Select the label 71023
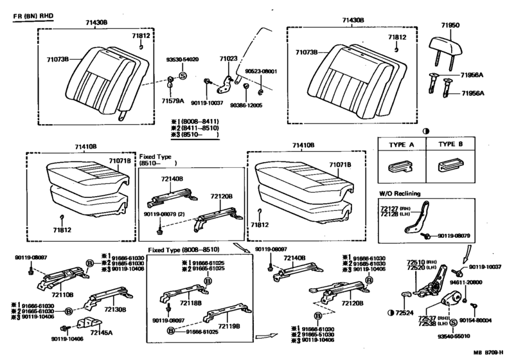click(228, 59)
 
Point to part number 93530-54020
click(182, 59)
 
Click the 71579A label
click(172, 101)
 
